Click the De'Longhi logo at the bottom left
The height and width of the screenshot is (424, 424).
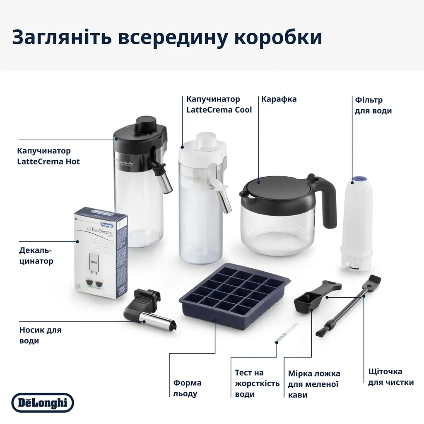(42, 403)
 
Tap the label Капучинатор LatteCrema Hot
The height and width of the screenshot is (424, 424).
(48, 156)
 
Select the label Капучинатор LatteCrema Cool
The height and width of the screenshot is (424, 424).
(219, 105)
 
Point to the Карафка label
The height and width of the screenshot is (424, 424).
(279, 99)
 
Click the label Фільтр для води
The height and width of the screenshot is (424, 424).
(373, 105)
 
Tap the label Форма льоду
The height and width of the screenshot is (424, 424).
(187, 388)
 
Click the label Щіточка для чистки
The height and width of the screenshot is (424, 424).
(390, 377)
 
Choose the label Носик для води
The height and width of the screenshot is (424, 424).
(40, 335)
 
